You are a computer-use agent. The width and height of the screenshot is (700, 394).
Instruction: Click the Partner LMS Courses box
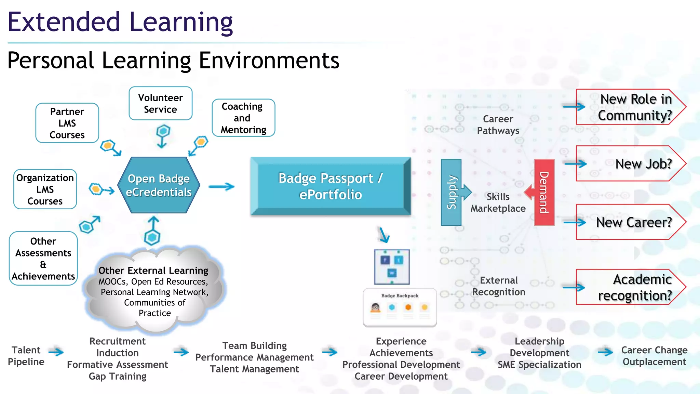click(x=67, y=123)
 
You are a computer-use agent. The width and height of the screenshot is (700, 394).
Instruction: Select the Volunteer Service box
click(x=160, y=104)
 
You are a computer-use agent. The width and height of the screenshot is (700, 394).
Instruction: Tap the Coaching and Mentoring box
click(x=243, y=118)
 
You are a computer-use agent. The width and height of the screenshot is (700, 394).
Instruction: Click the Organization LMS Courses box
click(x=45, y=189)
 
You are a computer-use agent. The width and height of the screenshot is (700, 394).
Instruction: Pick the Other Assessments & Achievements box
click(x=43, y=259)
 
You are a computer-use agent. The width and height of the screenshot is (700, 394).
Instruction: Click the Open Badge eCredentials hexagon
click(x=159, y=185)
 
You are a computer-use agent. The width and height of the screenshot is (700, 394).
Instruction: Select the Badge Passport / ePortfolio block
click(x=330, y=186)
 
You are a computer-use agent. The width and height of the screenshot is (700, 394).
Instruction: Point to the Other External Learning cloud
click(x=154, y=291)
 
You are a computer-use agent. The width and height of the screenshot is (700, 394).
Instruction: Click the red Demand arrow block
click(x=544, y=192)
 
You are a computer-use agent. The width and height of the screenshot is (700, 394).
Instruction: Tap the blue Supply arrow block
click(x=452, y=192)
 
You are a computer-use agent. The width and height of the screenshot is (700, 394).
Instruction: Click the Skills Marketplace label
click(x=498, y=202)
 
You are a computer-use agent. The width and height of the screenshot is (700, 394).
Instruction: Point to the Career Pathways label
click(x=498, y=125)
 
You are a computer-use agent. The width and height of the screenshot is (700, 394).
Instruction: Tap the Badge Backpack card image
click(x=400, y=307)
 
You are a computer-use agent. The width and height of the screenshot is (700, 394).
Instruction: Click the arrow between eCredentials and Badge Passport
click(x=221, y=187)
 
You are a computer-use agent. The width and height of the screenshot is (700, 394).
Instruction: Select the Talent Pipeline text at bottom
click(x=26, y=356)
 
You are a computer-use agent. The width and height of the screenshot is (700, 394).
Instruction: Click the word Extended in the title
click(x=64, y=22)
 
